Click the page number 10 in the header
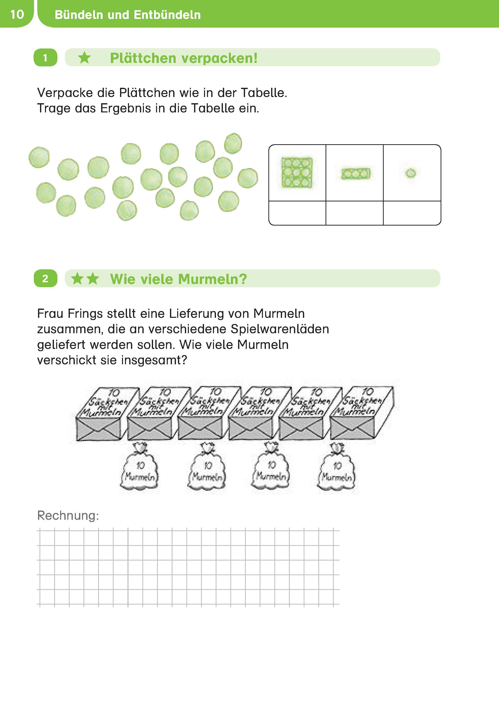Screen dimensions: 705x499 17,14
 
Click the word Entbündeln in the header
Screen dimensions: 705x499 167,15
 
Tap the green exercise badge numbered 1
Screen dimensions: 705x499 45,57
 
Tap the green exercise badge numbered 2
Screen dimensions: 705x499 45,278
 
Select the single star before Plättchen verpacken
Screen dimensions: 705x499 84,57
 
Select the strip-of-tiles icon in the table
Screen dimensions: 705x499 356,173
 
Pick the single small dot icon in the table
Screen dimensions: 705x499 411,173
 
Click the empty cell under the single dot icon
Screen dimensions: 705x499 412,213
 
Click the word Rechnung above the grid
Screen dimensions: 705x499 68,515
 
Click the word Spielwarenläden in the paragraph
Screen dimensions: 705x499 280,329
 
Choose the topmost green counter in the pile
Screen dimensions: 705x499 233,143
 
